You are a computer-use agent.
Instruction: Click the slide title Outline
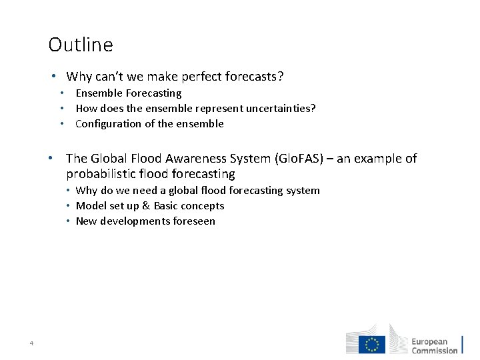(x=81, y=45)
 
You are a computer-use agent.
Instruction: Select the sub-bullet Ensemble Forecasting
(x=128, y=93)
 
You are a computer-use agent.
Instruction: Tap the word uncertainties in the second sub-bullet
(x=280, y=108)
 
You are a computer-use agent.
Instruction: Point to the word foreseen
(x=194, y=221)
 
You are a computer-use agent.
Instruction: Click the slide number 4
(x=31, y=343)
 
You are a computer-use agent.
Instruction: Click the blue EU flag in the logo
(x=372, y=344)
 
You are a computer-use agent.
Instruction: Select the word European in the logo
(x=429, y=341)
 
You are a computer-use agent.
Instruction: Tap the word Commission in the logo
(x=435, y=351)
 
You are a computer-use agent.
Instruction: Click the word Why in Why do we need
(x=87, y=191)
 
